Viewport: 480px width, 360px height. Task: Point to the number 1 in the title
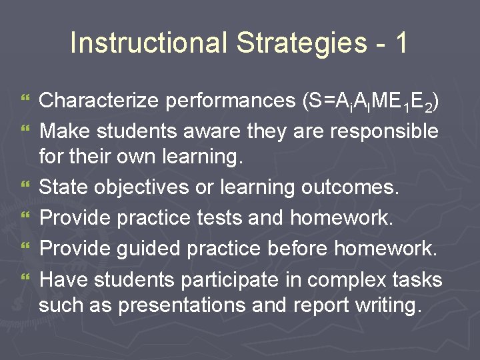point(400,43)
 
